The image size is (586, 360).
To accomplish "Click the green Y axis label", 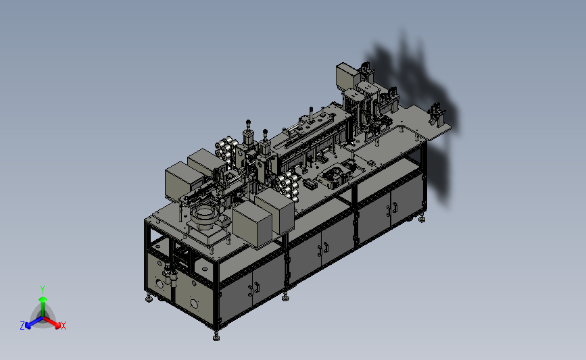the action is (x=42, y=290).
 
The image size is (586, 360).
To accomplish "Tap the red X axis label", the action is (x=63, y=326).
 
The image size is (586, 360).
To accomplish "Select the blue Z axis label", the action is (x=22, y=326).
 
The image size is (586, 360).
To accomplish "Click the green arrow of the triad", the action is (x=43, y=306).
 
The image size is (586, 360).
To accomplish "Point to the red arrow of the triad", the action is (x=52, y=322).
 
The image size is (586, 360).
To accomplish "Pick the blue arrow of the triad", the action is (x=34, y=322).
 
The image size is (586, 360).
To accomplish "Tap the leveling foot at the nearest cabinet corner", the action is (x=216, y=337).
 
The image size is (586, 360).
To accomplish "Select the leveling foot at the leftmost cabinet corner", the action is (x=149, y=299).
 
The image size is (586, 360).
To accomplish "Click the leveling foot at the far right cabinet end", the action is (x=422, y=218).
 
